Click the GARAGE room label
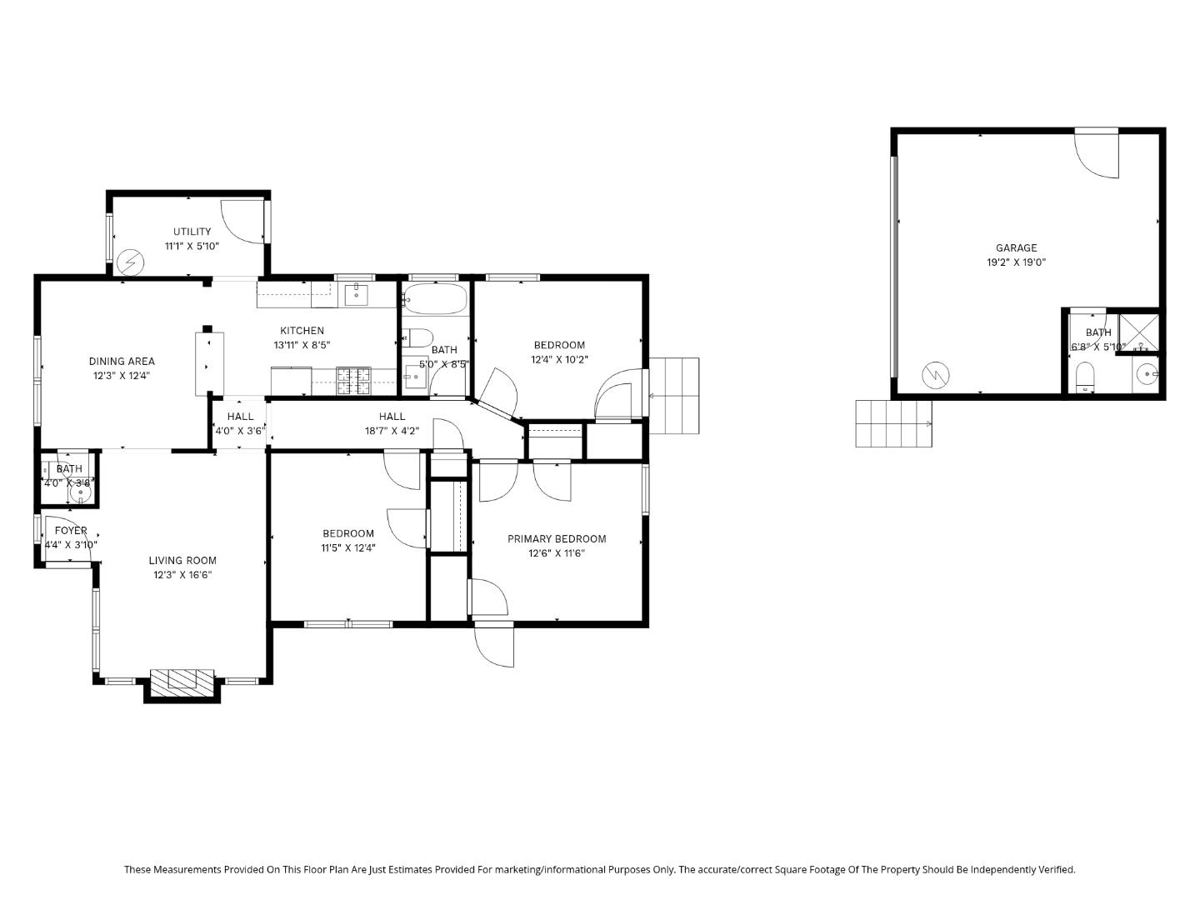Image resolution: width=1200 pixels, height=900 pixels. [x=1016, y=247]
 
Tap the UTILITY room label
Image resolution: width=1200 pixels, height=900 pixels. [x=192, y=232]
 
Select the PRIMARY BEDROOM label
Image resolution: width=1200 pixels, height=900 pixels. [x=557, y=539]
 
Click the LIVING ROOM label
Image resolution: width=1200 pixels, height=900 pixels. [x=182, y=561]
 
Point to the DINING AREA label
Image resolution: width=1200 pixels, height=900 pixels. [x=122, y=362]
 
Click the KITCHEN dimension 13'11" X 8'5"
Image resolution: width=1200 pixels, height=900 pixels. [x=302, y=345]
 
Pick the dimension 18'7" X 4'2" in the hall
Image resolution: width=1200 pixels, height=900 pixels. [x=392, y=431]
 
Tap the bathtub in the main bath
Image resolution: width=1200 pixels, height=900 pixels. [x=436, y=297]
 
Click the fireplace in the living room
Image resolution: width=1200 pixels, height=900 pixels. [x=182, y=680]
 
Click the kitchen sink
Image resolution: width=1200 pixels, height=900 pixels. [x=357, y=292]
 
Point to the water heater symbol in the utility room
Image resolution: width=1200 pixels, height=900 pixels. [x=129, y=262]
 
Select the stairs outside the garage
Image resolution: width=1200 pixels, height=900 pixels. [x=893, y=423]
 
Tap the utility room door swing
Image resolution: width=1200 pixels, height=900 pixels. [x=242, y=222]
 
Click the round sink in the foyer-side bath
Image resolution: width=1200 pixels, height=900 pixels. [x=81, y=493]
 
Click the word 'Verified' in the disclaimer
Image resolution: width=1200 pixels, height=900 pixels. [x=1056, y=869]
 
